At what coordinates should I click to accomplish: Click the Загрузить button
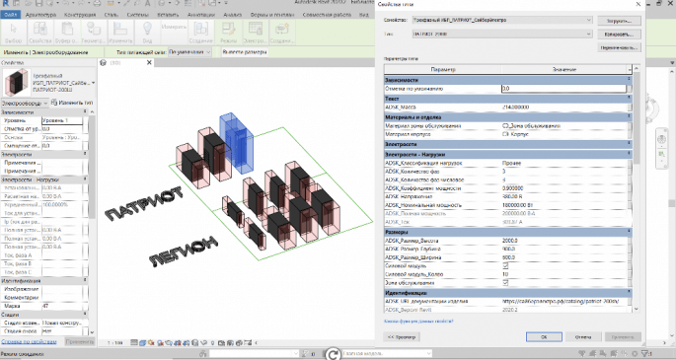click(616, 19)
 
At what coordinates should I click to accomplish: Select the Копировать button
click(616, 34)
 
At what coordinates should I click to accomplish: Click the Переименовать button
click(616, 46)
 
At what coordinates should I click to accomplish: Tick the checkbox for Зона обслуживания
click(505, 284)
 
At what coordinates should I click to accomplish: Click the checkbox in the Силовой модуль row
click(505, 264)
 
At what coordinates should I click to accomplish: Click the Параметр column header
click(444, 69)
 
